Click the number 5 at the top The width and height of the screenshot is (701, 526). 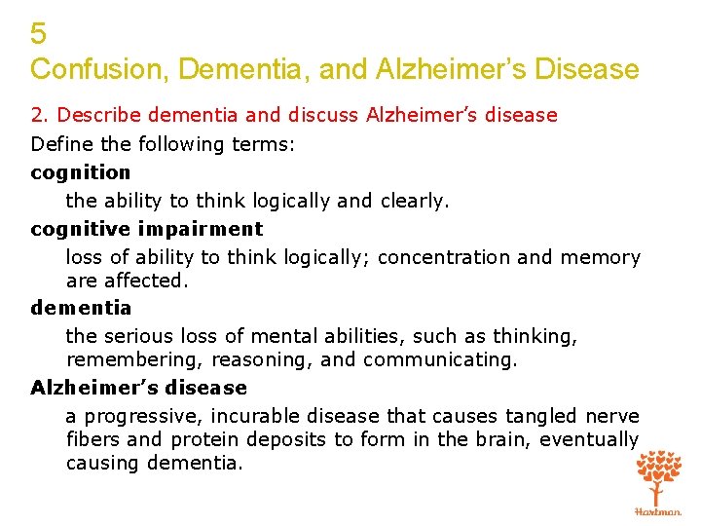[x=38, y=34]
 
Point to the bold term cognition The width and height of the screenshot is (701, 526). [x=80, y=172]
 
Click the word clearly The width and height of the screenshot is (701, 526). [x=414, y=201]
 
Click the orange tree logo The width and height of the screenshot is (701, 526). [x=659, y=476]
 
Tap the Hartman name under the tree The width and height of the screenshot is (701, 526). [x=659, y=510]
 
